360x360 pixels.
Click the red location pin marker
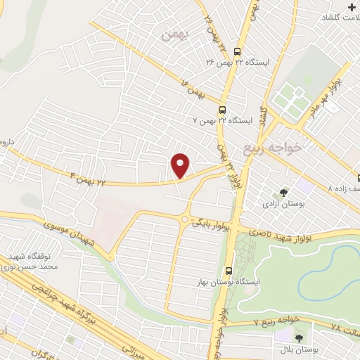[x=181, y=165]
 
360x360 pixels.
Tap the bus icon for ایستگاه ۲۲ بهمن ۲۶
[x=238, y=51]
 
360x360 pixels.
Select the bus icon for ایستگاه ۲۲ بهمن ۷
[x=222, y=109]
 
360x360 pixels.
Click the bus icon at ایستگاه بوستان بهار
[x=229, y=271]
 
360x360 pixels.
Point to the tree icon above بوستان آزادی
[x=284, y=191]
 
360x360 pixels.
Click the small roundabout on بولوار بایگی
[x=184, y=219]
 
